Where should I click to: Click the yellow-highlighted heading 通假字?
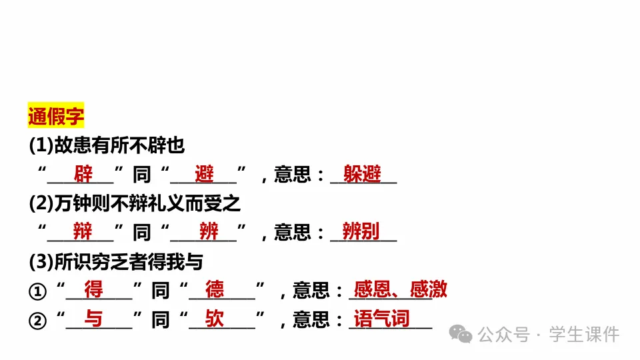click(x=56, y=117)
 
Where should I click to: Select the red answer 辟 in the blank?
click(x=83, y=175)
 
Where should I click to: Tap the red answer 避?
click(x=205, y=175)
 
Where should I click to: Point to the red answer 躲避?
click(x=362, y=175)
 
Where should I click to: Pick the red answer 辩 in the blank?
click(x=83, y=232)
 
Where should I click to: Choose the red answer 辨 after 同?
click(x=209, y=232)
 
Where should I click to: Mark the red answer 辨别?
click(x=361, y=232)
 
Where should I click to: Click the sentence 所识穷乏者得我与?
click(x=116, y=261)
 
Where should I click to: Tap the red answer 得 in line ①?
click(x=94, y=290)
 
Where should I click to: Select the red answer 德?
click(x=215, y=290)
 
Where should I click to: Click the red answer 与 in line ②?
click(x=94, y=319)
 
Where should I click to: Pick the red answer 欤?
click(x=215, y=319)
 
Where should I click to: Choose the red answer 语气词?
click(x=381, y=319)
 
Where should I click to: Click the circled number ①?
click(x=37, y=291)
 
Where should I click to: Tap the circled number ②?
click(x=37, y=321)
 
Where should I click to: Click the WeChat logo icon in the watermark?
click(x=460, y=333)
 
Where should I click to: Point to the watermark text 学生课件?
click(x=584, y=334)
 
